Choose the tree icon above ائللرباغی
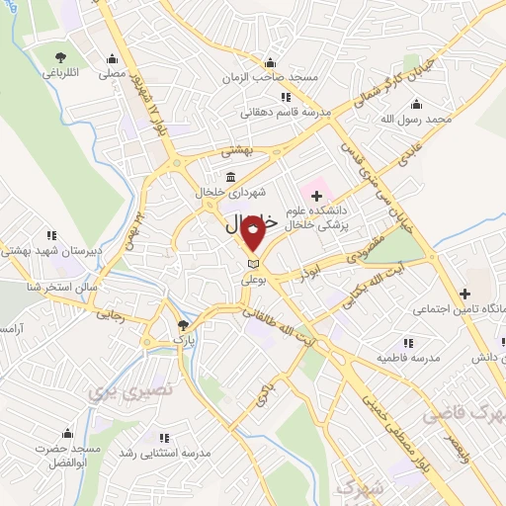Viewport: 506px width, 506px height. [x=61, y=57]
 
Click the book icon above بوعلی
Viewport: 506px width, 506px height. [x=254, y=264]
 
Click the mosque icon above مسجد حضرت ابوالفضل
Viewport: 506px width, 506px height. [x=67, y=433]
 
